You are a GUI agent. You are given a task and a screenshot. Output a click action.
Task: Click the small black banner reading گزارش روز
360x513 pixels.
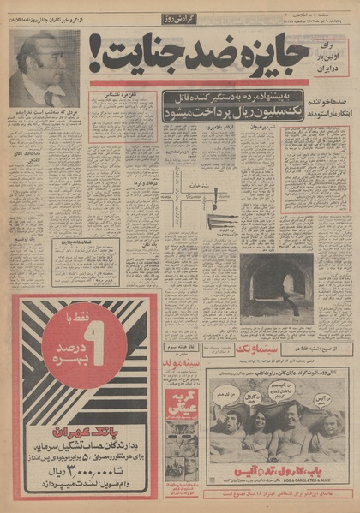181,18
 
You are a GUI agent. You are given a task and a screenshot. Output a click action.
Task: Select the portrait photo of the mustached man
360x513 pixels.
44,69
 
